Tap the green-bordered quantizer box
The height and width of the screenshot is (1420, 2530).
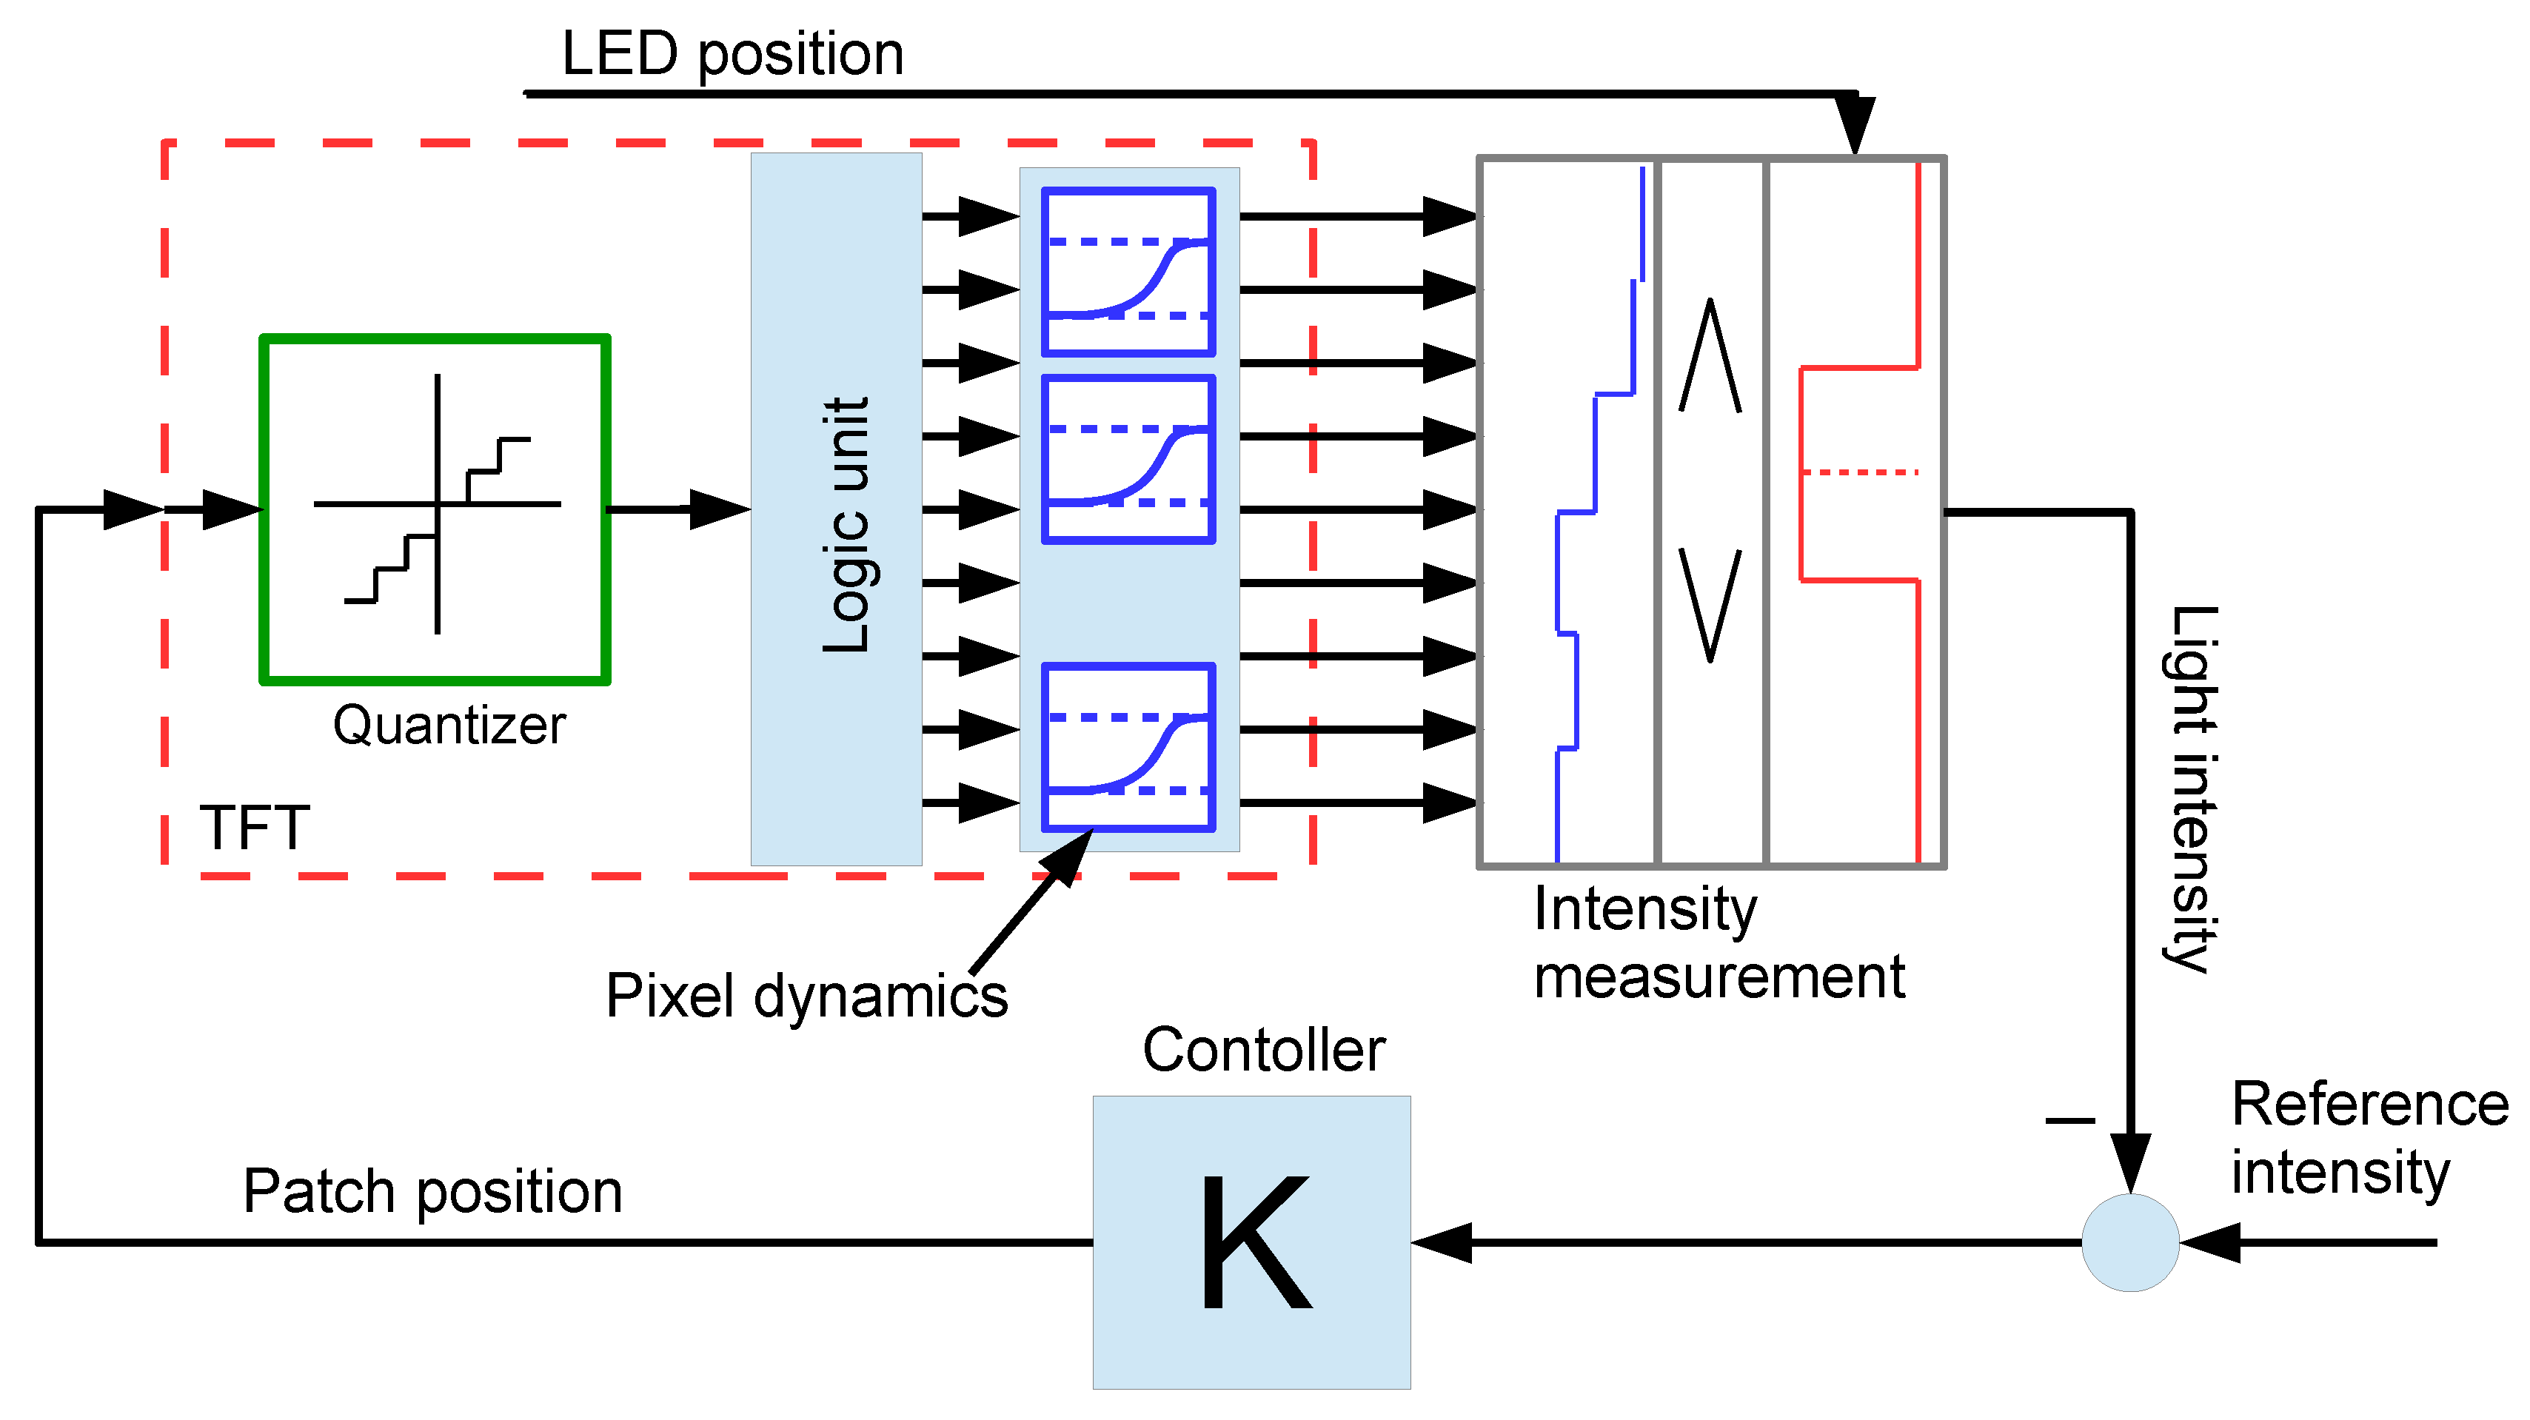[435, 509]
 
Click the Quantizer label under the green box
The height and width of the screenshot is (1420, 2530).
[449, 726]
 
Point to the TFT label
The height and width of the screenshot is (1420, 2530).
[255, 827]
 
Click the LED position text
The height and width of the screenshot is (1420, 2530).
[732, 53]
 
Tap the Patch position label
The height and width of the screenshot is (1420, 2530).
[432, 1191]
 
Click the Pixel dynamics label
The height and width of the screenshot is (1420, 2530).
[806, 996]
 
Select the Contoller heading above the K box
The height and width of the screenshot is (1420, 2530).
[1263, 1050]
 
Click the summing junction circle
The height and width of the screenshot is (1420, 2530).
[2130, 1242]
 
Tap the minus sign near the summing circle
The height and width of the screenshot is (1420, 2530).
[2069, 1119]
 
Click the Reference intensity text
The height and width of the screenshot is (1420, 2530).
[2367, 1137]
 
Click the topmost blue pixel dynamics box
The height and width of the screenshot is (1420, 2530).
[1128, 271]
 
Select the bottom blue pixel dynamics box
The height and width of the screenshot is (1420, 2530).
[1128, 746]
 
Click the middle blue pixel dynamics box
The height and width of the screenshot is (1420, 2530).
[1128, 458]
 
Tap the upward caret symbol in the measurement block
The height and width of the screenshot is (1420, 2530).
[1710, 355]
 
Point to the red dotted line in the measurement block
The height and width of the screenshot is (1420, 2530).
[1858, 472]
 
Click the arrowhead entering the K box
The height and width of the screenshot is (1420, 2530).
[1442, 1242]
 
